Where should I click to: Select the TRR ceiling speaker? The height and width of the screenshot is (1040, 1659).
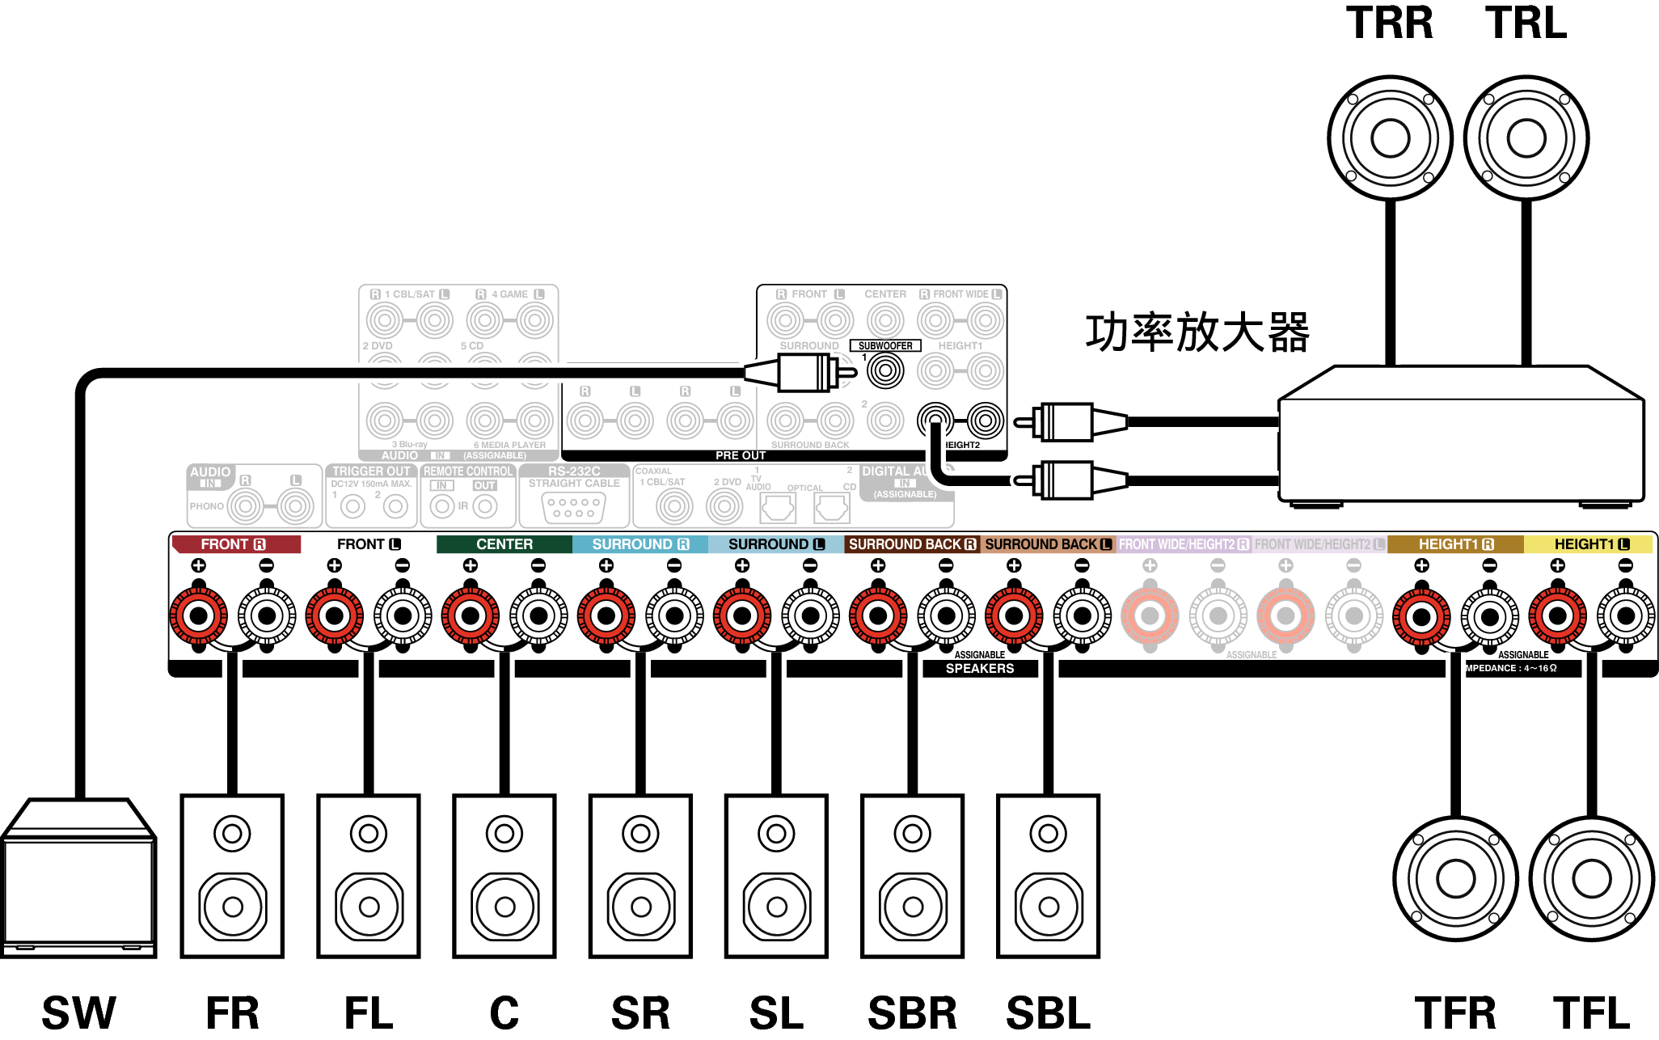pyautogui.click(x=1390, y=138)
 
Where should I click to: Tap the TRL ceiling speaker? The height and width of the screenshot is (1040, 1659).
pyautogui.click(x=1526, y=138)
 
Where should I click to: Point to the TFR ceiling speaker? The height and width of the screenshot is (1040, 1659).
pyautogui.click(x=1455, y=879)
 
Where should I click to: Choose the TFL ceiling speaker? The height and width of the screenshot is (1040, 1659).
pyautogui.click(x=1591, y=879)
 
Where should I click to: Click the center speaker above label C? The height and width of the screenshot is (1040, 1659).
pyautogui.click(x=504, y=876)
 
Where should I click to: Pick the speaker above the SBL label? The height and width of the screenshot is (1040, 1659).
pyautogui.click(x=1048, y=876)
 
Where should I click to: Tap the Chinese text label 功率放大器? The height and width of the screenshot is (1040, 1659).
pyautogui.click(x=1197, y=332)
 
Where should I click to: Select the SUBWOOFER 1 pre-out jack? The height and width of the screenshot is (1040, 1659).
pyautogui.click(x=885, y=371)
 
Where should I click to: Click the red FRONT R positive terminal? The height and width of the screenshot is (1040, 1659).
pyautogui.click(x=198, y=616)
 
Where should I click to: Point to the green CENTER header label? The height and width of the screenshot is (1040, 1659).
pyautogui.click(x=504, y=544)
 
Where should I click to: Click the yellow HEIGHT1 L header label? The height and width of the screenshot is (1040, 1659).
pyautogui.click(x=1590, y=544)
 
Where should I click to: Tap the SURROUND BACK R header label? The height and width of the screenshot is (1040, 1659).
pyautogui.click(x=912, y=544)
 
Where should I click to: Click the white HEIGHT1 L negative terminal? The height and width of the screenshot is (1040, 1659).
pyautogui.click(x=1625, y=616)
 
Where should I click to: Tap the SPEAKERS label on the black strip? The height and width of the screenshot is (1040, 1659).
pyautogui.click(x=979, y=668)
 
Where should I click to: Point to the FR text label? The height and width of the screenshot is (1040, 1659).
pyautogui.click(x=232, y=1013)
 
